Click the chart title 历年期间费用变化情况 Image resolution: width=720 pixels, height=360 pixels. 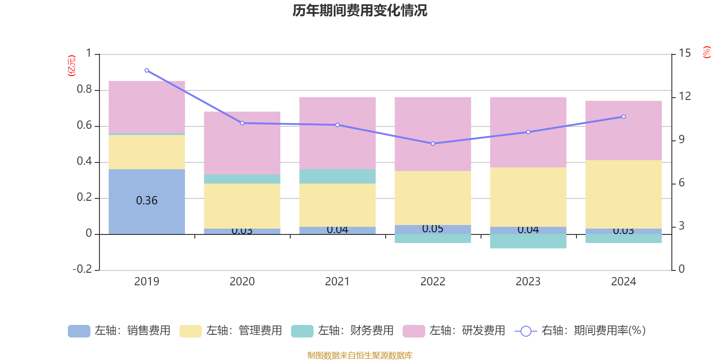[x=360, y=10]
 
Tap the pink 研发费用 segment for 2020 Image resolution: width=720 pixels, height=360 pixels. [x=242, y=143]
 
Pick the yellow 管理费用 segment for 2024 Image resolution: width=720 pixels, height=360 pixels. [x=623, y=194]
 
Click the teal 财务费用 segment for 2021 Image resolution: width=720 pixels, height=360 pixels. [x=337, y=176]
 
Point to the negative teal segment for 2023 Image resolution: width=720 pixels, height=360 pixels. [x=528, y=241]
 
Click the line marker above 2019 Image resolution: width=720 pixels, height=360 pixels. [x=147, y=71]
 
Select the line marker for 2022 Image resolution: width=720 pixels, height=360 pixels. [x=433, y=144]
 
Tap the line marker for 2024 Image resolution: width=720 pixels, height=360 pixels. [x=623, y=117]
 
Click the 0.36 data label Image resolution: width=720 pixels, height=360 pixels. [x=147, y=201]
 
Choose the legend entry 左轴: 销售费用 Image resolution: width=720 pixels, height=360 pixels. [x=120, y=331]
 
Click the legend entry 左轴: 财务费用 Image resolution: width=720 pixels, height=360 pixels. [x=343, y=331]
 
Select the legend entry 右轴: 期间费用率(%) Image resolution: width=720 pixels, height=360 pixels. [x=580, y=331]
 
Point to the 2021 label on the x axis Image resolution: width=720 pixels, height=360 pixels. [x=337, y=282]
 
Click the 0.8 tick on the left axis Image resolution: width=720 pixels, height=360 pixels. [x=84, y=90]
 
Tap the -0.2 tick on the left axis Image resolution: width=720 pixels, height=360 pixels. [x=82, y=269]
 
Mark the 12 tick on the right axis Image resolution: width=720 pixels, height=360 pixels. [x=684, y=96]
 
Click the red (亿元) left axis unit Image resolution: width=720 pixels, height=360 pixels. [x=71, y=66]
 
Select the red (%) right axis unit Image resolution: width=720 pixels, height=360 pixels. [x=706, y=52]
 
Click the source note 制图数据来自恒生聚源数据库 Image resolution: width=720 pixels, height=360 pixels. [x=360, y=355]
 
